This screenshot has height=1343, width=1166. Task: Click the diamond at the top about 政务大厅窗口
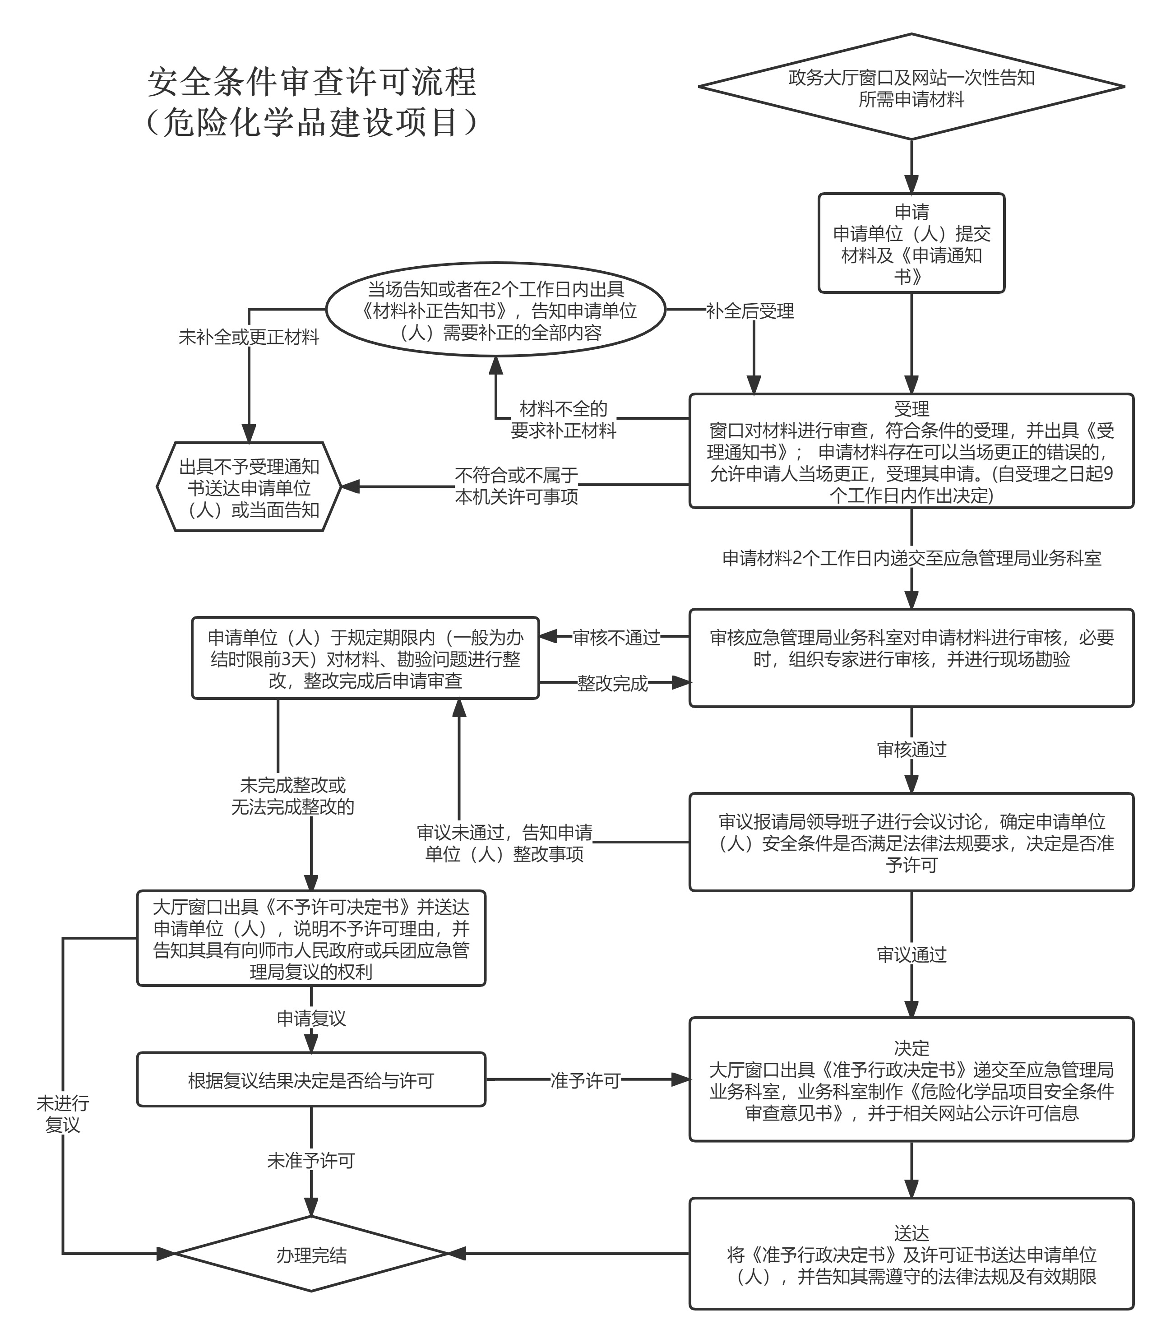tap(911, 87)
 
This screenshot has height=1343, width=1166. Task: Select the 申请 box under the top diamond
tap(911, 243)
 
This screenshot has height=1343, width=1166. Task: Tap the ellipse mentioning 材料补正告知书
tap(496, 310)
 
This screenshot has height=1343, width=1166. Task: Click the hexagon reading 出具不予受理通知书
tap(249, 487)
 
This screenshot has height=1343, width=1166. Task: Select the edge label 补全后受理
tap(750, 311)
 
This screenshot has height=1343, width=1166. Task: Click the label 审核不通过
tap(616, 638)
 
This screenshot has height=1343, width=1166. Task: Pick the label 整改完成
tap(612, 684)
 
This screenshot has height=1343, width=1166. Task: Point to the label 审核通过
tap(911, 750)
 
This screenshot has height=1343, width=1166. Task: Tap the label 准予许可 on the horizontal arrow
tap(585, 1080)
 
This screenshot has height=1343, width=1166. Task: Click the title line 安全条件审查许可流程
tap(312, 82)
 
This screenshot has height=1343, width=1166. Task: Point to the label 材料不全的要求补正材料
tap(564, 420)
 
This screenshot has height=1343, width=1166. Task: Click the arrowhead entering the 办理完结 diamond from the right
tap(457, 1254)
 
